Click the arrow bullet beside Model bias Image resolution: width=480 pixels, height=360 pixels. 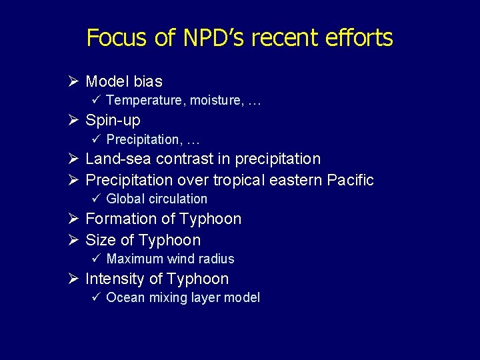coord(74,81)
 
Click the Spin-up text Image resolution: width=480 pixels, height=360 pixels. coord(113,121)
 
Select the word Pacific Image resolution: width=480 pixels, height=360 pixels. coord(350,180)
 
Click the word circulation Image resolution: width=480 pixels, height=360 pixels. coord(178,199)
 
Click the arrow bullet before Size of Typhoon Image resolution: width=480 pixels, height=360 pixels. coord(74,240)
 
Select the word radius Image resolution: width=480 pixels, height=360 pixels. coord(216,259)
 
